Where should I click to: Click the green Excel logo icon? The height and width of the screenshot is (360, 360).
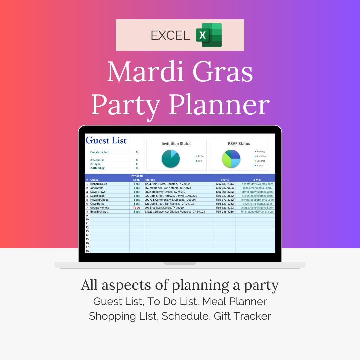point(209,35)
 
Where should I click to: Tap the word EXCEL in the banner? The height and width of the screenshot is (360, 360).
point(170,35)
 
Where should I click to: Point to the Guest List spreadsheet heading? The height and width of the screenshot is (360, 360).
point(106,140)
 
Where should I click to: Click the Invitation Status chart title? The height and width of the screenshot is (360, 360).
point(176,144)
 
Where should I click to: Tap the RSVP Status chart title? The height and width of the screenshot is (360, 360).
point(239,144)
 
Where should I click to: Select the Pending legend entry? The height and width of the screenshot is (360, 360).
point(260,152)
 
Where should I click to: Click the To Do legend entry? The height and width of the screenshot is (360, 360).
point(200,156)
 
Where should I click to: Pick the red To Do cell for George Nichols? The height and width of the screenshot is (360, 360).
point(137,208)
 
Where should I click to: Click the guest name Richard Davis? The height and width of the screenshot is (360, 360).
point(99,184)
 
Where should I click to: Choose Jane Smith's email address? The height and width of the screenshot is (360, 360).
point(258,188)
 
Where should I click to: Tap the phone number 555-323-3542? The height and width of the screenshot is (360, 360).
point(225,196)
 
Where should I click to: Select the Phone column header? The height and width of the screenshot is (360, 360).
point(225,180)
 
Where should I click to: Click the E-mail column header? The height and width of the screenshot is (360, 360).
point(257,180)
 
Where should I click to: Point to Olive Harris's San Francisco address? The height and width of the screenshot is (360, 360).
point(169,204)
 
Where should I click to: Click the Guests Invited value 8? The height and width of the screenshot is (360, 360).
point(137,152)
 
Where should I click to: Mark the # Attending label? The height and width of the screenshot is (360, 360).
point(97,168)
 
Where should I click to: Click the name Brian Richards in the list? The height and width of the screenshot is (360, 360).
point(100,212)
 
